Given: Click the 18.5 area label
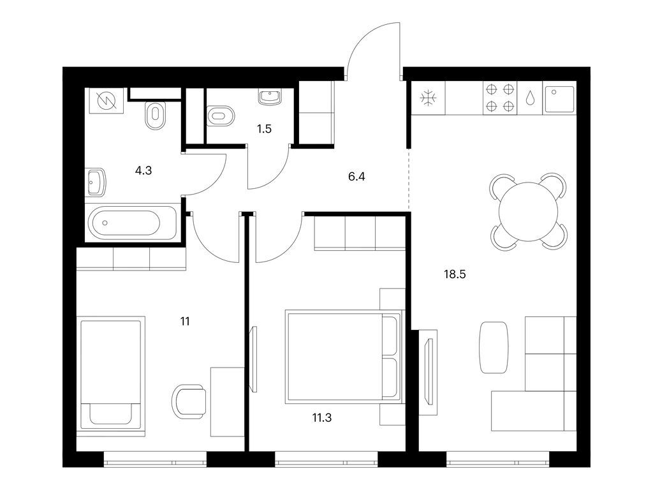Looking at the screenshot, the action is click(x=455, y=274).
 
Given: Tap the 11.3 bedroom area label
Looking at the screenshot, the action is click(x=322, y=417).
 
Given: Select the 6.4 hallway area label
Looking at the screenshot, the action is click(x=356, y=177).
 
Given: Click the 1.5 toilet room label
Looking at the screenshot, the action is click(x=264, y=129).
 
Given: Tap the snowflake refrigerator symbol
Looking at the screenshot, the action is click(x=428, y=98).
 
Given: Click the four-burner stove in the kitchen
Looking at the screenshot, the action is click(x=500, y=98).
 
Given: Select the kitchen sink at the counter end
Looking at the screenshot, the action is click(x=560, y=99).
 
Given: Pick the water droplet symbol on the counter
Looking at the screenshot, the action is click(x=530, y=98).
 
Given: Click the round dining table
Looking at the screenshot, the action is click(x=528, y=212).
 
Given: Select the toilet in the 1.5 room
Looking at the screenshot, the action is click(x=220, y=115).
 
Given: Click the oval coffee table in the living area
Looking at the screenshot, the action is click(x=494, y=347).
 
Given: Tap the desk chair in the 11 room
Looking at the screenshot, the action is click(x=189, y=402).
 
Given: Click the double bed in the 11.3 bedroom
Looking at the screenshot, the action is click(x=344, y=357).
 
